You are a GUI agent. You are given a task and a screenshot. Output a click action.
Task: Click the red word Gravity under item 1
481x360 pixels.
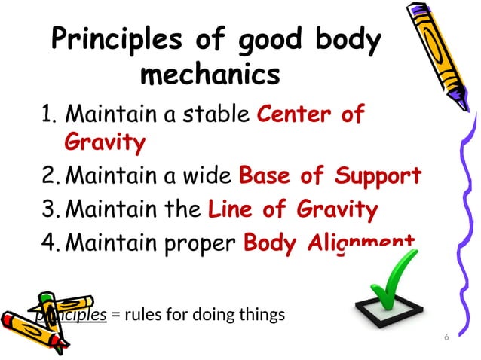[105, 142]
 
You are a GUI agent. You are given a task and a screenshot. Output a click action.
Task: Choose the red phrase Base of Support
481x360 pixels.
[329, 176]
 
